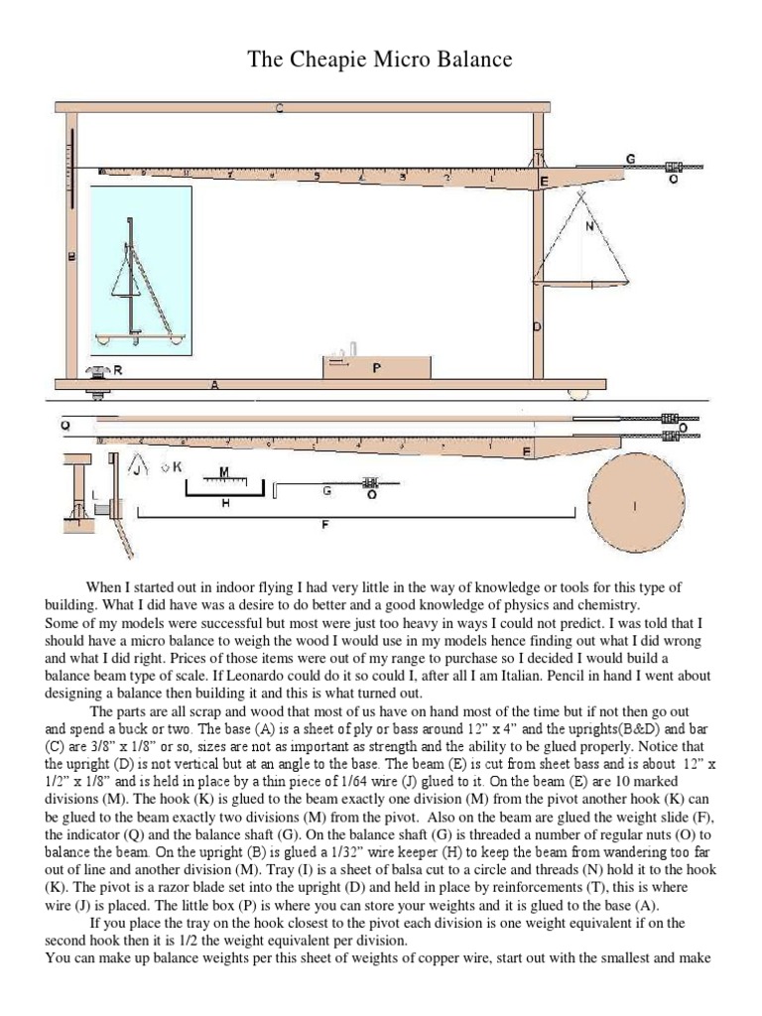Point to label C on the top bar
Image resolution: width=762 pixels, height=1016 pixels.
click(279, 108)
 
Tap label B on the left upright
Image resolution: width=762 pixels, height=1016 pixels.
click(70, 256)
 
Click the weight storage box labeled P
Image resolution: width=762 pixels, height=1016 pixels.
click(376, 366)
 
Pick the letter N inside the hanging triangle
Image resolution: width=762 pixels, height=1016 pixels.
click(591, 225)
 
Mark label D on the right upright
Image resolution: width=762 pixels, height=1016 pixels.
click(538, 327)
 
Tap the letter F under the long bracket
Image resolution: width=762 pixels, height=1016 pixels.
click(324, 526)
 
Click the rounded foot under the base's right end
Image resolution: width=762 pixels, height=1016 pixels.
click(577, 394)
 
